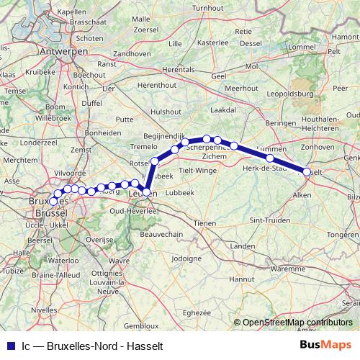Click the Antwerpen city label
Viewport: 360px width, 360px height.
pyautogui.click(x=63, y=53)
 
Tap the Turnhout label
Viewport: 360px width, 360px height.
pyautogui.click(x=208, y=7)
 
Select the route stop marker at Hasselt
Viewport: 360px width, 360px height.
pyautogui.click(x=307, y=172)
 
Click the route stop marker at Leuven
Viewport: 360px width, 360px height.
pyautogui.click(x=146, y=192)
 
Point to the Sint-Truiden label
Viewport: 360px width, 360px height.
pyautogui.click(x=265, y=218)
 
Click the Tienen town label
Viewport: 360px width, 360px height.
pyautogui.click(x=206, y=223)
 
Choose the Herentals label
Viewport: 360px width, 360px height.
pyautogui.click(x=179, y=69)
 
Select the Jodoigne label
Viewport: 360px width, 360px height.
pyautogui.click(x=187, y=258)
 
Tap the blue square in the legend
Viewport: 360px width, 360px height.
pyautogui.click(x=8, y=345)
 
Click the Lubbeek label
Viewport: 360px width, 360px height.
pyautogui.click(x=179, y=193)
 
